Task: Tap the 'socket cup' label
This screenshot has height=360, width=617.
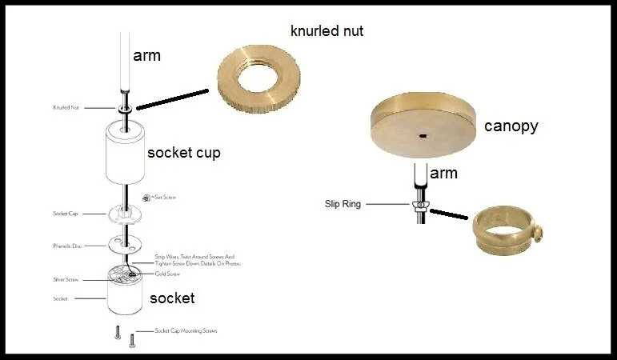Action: (184, 152)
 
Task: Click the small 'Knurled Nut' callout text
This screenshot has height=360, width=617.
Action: (66, 106)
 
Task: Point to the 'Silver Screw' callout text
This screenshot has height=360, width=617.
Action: (66, 279)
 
